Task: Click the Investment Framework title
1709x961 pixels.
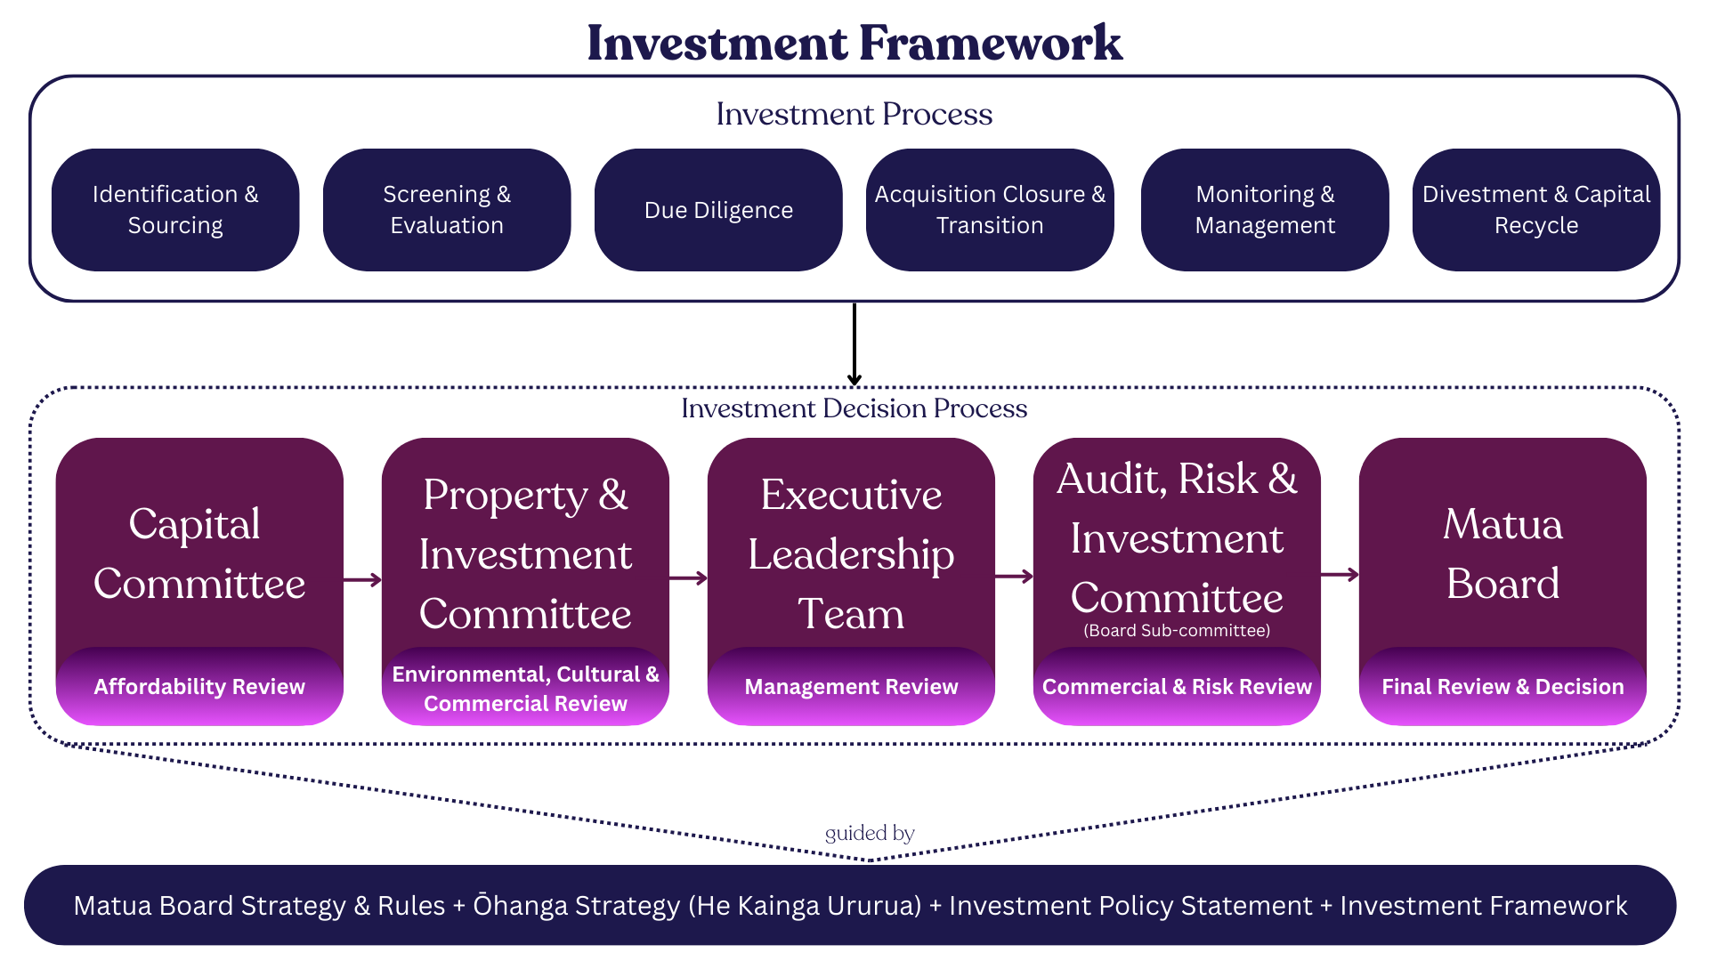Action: coord(854,43)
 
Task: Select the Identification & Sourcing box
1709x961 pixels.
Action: coord(175,210)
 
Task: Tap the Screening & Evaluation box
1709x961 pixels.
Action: coord(447,210)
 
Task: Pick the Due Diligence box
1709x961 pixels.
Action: coord(718,210)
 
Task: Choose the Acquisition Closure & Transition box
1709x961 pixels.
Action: coord(990,210)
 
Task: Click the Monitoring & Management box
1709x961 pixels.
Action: coord(1265,210)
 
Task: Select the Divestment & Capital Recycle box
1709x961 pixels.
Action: coord(1536,210)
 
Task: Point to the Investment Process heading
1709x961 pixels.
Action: coord(854,114)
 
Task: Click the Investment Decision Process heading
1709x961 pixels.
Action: coord(854,408)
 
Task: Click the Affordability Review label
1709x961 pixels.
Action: coord(199,687)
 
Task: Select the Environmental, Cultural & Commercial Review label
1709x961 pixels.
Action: coord(525,689)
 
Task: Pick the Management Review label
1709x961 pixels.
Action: coord(851,687)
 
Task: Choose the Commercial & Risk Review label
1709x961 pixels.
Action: coord(1177,687)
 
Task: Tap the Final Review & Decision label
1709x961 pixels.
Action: coord(1502,687)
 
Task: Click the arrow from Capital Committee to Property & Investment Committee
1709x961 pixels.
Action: coord(362,580)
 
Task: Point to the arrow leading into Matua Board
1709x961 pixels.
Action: coord(1340,575)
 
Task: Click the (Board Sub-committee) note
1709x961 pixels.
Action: coord(1177,631)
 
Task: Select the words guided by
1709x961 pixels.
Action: coord(870,834)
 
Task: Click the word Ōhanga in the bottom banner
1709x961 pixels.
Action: coord(517,906)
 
